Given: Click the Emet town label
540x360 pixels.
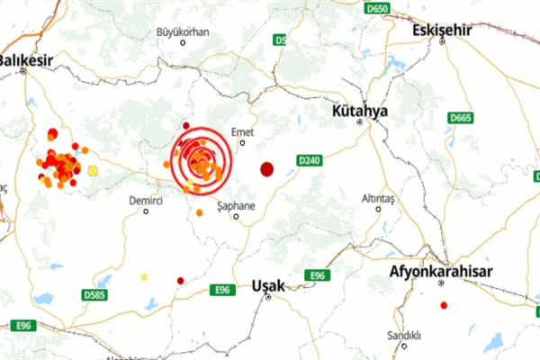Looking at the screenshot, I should (243, 132).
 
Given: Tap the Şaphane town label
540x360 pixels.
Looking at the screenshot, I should (237, 205).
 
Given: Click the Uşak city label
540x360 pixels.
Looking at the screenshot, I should (268, 285).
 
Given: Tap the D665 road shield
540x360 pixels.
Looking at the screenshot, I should (461, 117).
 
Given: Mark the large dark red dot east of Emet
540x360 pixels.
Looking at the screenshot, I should (267, 168).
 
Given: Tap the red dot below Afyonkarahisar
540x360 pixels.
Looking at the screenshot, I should (444, 305).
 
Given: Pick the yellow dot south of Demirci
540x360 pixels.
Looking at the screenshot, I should (144, 277).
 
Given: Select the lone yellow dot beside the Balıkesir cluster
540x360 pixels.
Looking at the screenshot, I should (93, 170).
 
